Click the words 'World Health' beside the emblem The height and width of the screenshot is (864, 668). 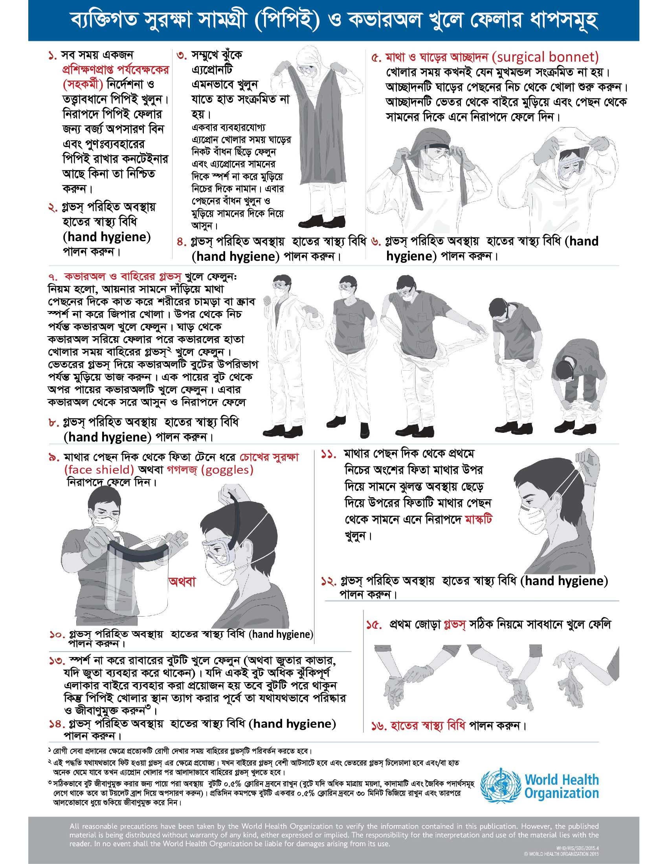tap(562, 780)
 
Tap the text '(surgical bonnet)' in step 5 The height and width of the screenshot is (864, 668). tap(545, 57)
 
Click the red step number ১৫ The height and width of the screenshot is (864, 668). tap(374, 625)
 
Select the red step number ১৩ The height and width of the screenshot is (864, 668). tap(57, 661)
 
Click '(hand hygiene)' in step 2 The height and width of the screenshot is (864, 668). tap(107, 236)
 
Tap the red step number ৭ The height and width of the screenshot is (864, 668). tap(53, 277)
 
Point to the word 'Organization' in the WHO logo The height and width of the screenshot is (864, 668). tap(562, 794)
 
